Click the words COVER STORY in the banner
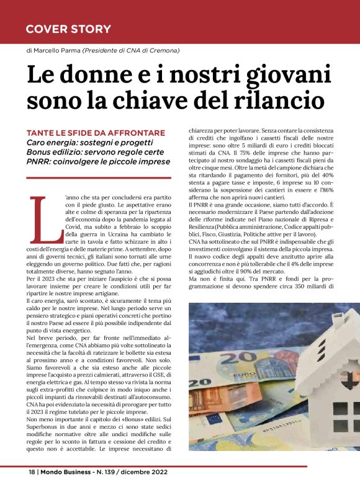click(x=68, y=29)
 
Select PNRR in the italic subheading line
click(x=39, y=161)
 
